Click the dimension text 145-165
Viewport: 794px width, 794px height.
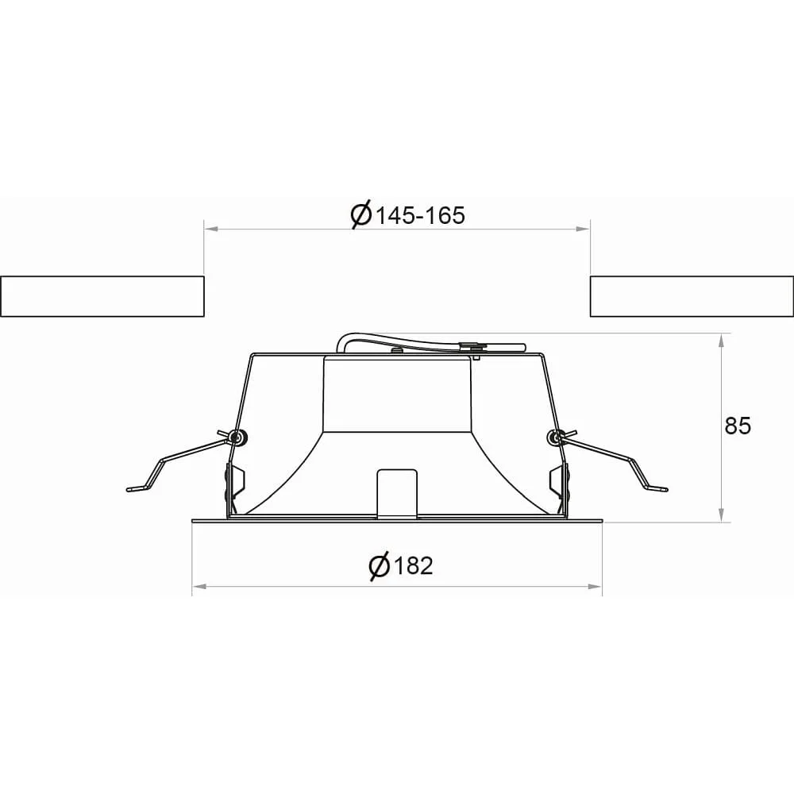click(x=419, y=216)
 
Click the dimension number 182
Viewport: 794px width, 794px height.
click(x=413, y=565)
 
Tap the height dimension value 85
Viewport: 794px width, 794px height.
click(x=738, y=426)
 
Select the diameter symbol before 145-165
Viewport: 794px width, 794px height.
click(x=361, y=215)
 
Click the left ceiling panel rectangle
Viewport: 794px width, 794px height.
click(x=102, y=296)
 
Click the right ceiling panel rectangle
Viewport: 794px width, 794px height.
click(x=692, y=296)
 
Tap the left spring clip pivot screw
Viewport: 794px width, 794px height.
click(x=237, y=437)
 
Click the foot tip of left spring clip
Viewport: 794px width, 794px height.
click(x=129, y=489)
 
